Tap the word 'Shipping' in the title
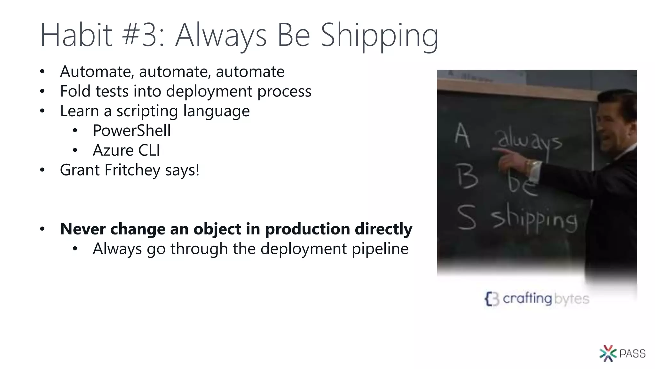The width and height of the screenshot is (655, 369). [379, 36]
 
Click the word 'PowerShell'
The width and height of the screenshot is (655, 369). [132, 130]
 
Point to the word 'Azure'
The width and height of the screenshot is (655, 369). [113, 150]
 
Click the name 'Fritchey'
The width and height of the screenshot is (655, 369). [132, 170]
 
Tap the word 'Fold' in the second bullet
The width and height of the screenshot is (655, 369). [75, 91]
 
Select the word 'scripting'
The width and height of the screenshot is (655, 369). [147, 111]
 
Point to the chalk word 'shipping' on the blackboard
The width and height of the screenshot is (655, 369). [534, 220]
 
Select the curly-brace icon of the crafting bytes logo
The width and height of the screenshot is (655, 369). [492, 299]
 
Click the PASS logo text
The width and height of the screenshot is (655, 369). [632, 354]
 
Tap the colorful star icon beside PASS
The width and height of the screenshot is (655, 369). [608, 353]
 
